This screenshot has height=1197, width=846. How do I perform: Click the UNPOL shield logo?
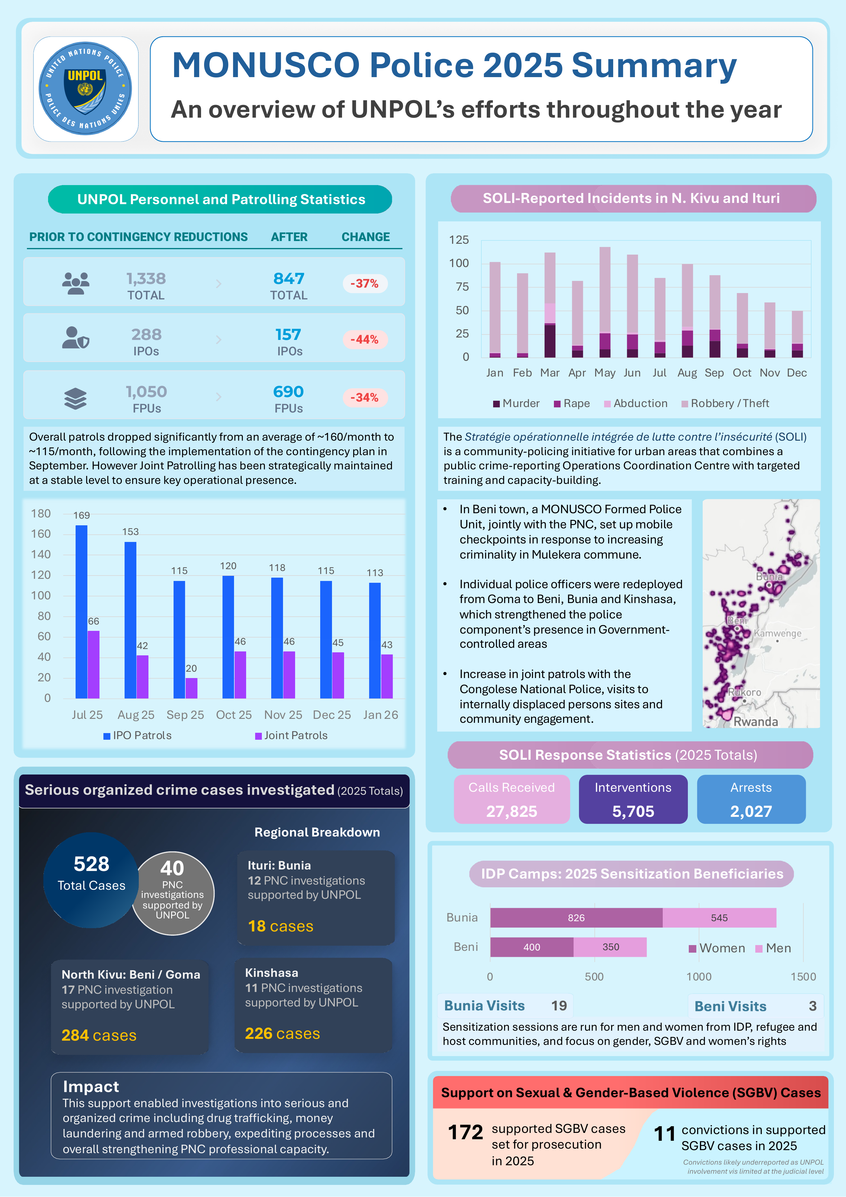(86, 89)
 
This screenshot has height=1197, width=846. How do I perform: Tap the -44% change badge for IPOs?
(364, 339)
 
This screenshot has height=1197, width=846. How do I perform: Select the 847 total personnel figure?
(289, 279)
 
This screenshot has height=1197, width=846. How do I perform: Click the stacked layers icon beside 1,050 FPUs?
(76, 398)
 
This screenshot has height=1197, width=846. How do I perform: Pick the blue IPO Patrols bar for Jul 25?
(81, 612)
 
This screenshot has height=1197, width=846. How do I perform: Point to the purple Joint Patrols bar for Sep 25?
(191, 688)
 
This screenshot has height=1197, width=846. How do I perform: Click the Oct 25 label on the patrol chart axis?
(234, 715)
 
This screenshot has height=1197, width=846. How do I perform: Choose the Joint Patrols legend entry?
(291, 735)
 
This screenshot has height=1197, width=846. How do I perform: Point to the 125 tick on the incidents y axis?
(459, 240)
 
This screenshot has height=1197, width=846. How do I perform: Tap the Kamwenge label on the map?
(778, 633)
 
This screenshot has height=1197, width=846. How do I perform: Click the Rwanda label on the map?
(756, 722)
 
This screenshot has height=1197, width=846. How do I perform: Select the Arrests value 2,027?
(751, 811)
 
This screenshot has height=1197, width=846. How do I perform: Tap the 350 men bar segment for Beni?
(610, 947)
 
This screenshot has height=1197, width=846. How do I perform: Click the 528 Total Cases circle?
(91, 880)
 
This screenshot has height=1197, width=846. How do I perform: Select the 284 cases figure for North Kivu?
(99, 1035)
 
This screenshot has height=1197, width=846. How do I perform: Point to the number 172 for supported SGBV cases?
(466, 1132)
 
